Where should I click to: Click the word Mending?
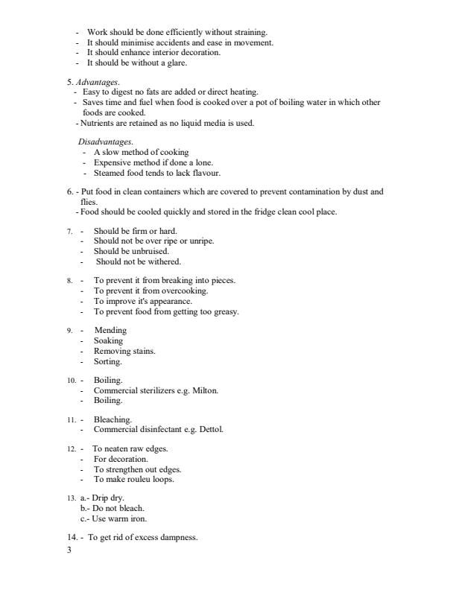[x=110, y=330]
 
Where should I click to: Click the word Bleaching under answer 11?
[x=113, y=419]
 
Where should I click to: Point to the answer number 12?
[x=71, y=448]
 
